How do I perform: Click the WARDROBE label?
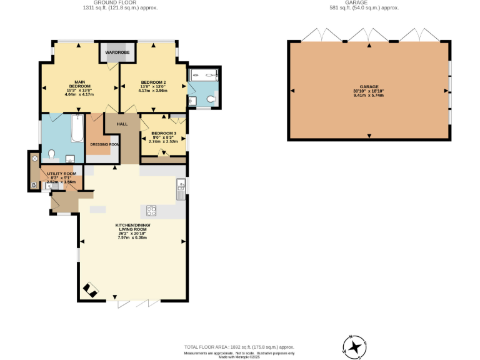coord(117,52)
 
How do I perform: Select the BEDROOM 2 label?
coord(153,82)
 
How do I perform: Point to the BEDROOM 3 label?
coord(163,133)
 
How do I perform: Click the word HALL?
coord(122,124)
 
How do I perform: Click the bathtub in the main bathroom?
coord(77,129)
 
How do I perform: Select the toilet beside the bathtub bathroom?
coord(51,154)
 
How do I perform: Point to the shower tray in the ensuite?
coord(204,76)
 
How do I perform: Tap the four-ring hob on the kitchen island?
coord(151,210)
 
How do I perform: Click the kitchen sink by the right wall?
coord(180,186)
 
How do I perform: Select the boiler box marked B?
coord(34,186)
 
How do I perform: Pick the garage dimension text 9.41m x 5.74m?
coord(369,96)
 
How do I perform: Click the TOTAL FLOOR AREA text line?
coord(238,347)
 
